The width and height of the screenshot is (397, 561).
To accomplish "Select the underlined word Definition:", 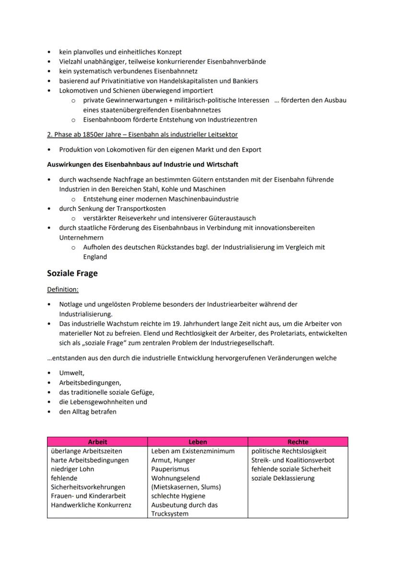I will point(63,290).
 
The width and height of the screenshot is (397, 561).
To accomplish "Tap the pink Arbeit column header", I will point(97,442).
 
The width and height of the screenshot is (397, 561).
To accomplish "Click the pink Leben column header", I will point(198,442).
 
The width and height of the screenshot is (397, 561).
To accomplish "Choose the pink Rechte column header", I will point(298,442).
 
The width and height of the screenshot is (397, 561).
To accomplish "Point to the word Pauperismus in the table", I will point(170,469).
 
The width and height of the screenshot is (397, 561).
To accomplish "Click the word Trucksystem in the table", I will point(170,514).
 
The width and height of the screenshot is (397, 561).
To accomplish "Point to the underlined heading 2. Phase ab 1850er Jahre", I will point(142,135).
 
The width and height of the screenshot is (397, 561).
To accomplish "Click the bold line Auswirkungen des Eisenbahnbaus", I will point(142,164).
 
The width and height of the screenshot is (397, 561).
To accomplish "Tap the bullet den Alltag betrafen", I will point(88,412).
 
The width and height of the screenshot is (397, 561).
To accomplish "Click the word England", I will point(95,256).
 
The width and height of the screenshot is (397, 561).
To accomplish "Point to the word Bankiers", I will point(245,81).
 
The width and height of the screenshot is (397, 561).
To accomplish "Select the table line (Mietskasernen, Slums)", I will point(186,487).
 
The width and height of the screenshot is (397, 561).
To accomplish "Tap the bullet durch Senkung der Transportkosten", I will point(113,208).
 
